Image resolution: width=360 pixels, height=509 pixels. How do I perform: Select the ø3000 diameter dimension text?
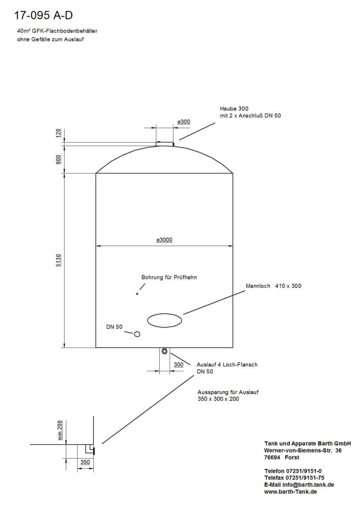click(164, 240)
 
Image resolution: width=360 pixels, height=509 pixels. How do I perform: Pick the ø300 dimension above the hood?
click(183, 122)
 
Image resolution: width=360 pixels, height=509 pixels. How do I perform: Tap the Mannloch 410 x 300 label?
click(273, 286)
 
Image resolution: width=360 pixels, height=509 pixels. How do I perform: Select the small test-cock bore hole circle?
click(137, 294)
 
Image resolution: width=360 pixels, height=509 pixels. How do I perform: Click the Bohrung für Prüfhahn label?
click(169, 277)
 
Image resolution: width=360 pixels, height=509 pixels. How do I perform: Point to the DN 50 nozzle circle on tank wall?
click(137, 334)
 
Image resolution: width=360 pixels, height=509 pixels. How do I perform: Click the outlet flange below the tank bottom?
click(164, 351)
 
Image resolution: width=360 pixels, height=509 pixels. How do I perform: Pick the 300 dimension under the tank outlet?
click(179, 365)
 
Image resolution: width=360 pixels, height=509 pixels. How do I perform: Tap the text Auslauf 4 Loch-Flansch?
click(227, 365)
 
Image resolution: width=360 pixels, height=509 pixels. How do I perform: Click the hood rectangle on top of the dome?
click(165, 143)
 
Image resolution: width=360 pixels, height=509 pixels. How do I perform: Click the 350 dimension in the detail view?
click(85, 462)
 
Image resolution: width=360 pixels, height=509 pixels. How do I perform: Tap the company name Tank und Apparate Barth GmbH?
click(307, 443)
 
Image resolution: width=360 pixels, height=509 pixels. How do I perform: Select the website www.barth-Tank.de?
click(290, 492)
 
